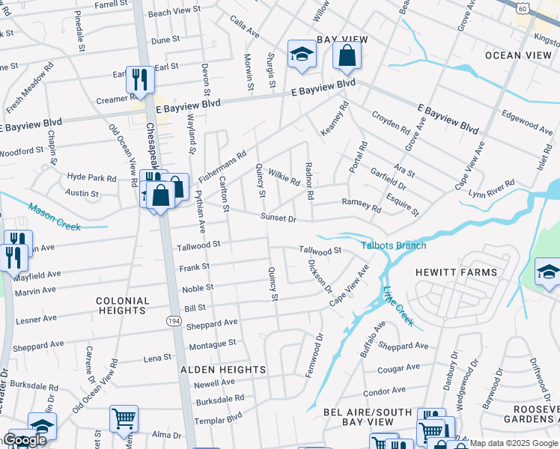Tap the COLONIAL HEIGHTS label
point(123,305)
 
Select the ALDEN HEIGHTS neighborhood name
point(223,370)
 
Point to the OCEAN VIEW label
point(517,55)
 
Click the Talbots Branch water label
point(394,245)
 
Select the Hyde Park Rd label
point(91,178)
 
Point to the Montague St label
point(213,344)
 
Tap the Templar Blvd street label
point(219,420)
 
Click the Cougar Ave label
point(398,368)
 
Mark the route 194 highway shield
point(174,320)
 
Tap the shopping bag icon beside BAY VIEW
point(347,55)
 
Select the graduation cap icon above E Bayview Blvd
point(302,54)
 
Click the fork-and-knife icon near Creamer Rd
point(140,79)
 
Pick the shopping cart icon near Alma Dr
point(124,418)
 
